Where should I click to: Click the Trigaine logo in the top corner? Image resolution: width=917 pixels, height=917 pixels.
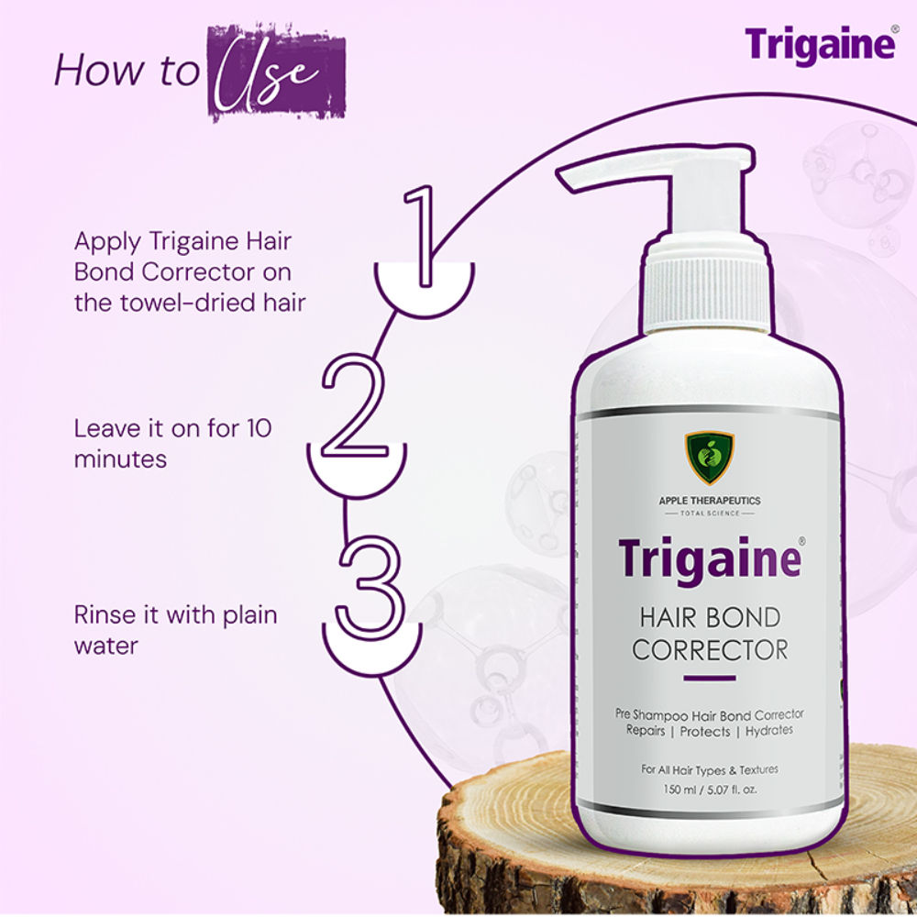point(819,45)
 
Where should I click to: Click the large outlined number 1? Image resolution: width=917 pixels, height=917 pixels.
point(423,236)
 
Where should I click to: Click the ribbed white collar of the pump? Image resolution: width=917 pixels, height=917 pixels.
point(705,288)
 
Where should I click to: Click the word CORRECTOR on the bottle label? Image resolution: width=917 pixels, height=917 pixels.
point(710,649)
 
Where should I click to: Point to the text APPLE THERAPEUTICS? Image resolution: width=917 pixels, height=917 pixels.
point(710,501)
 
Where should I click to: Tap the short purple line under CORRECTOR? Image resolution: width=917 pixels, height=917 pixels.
point(710,679)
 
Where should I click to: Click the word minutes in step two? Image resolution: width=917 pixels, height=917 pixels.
point(121,458)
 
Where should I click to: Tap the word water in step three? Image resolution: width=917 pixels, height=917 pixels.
point(106,645)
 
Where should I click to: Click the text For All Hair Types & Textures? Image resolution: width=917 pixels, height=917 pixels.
point(710,768)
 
